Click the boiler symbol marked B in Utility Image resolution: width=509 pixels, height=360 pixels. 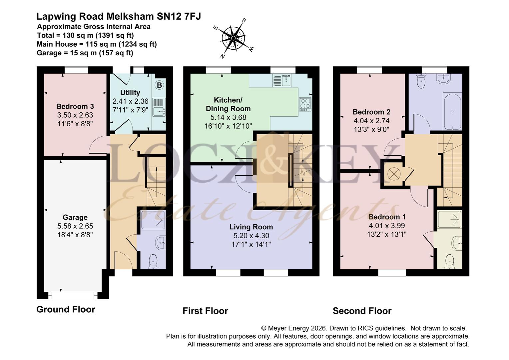coord(160,85)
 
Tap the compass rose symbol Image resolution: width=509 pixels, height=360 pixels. coord(234,38)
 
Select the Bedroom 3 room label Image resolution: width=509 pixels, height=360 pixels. coord(75,106)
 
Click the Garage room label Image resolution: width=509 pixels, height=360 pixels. coord(75,217)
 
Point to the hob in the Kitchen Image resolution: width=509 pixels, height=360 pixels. coord(305,104)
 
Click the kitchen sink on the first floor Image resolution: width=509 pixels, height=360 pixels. coord(282,81)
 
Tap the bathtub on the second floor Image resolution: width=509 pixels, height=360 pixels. coord(452,111)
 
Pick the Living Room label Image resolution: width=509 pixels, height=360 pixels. coord(251,227)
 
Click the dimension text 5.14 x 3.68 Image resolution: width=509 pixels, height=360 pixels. coord(229,117)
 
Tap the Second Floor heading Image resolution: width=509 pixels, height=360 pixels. coord(362,311)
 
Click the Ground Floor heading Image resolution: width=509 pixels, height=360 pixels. coord(66,309)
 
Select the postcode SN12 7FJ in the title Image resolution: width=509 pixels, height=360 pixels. coord(179,16)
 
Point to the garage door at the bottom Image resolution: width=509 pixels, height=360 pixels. coord(73,295)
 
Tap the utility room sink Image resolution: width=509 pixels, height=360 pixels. coord(159,107)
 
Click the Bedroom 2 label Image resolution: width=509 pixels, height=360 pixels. coord(371,112)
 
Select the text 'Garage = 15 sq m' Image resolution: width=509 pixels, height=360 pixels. coord(65,53)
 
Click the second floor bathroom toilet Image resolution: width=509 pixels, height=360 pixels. coord(422,81)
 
